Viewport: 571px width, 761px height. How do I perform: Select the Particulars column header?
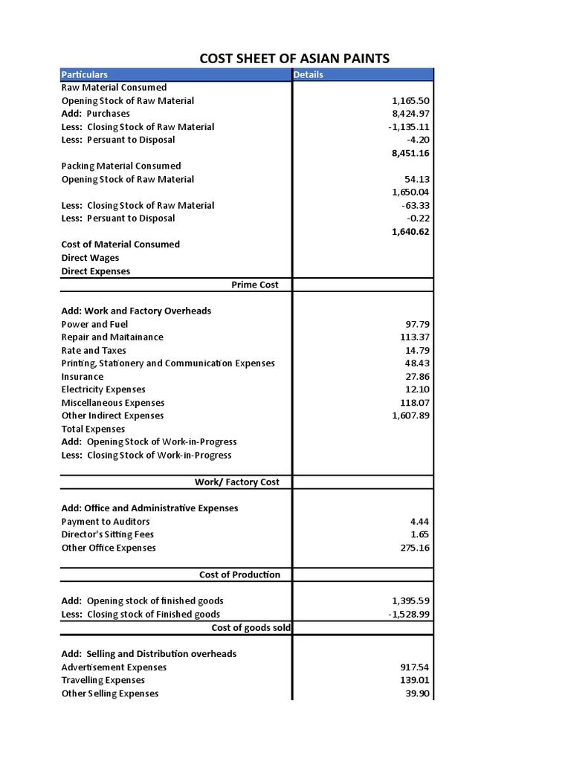pyautogui.click(x=84, y=74)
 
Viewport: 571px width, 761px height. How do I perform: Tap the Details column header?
pyautogui.click(x=309, y=74)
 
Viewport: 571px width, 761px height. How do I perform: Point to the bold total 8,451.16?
pyautogui.click(x=410, y=153)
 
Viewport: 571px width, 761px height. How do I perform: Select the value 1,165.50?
pyautogui.click(x=410, y=100)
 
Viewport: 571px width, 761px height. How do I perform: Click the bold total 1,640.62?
pyautogui.click(x=410, y=231)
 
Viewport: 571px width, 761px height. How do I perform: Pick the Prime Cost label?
pyautogui.click(x=255, y=285)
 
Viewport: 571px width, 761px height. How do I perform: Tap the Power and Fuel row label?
pyautogui.click(x=94, y=324)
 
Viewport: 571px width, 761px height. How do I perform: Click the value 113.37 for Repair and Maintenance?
pyautogui.click(x=415, y=337)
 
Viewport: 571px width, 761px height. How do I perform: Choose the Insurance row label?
pyautogui.click(x=82, y=376)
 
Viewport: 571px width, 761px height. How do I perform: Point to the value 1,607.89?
pyautogui.click(x=410, y=415)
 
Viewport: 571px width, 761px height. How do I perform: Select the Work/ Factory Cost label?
pyautogui.click(x=237, y=482)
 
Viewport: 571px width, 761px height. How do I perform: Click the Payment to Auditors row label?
pyautogui.click(x=106, y=521)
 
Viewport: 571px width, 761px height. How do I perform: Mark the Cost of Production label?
pyautogui.click(x=239, y=574)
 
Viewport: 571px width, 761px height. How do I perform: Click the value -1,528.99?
pyautogui.click(x=408, y=614)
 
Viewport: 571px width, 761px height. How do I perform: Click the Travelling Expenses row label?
pyautogui.click(x=103, y=680)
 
